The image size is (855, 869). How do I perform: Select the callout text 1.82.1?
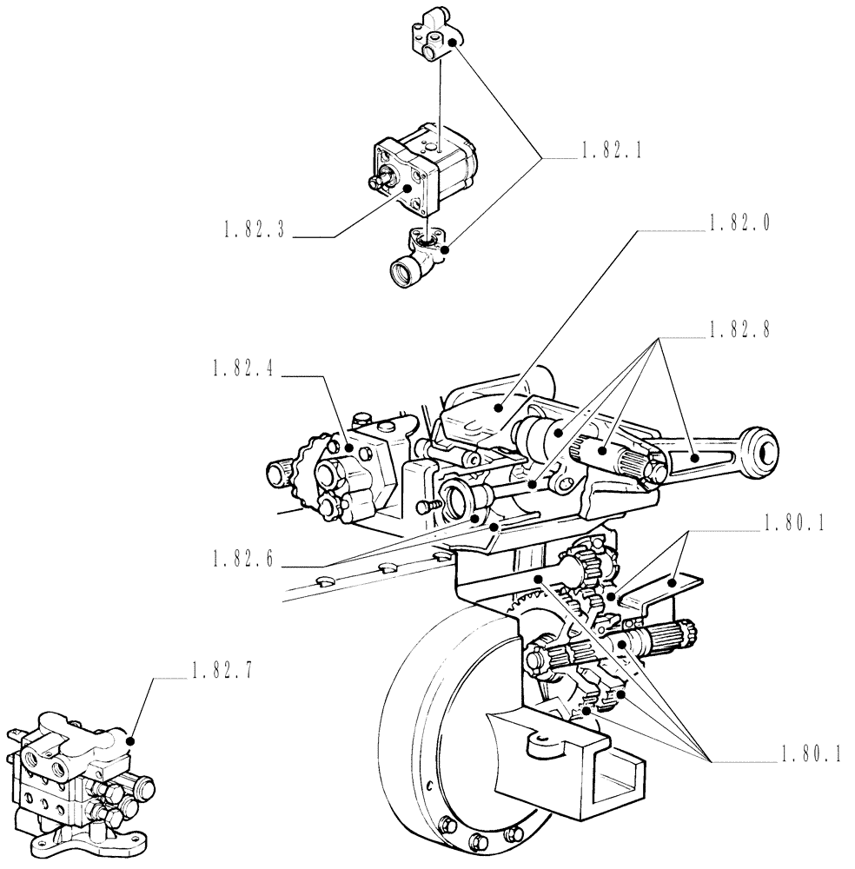tap(608, 151)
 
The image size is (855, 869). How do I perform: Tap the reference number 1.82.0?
tap(739, 223)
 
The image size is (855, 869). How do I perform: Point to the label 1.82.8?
tap(739, 330)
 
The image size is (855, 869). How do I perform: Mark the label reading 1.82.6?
tap(242, 561)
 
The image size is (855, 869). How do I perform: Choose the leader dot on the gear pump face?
tap(406, 186)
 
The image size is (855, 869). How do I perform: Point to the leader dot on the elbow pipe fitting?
tap(444, 249)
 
